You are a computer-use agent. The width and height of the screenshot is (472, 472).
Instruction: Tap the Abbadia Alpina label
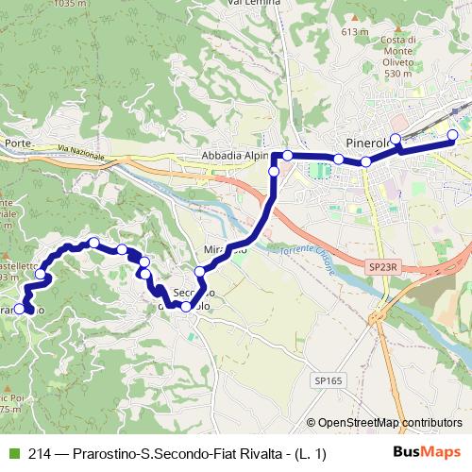pyautogui.click(x=234, y=157)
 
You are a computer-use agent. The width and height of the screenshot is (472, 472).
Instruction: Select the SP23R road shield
pyautogui.click(x=381, y=268)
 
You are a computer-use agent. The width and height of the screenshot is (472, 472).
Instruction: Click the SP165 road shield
pyautogui.click(x=325, y=379)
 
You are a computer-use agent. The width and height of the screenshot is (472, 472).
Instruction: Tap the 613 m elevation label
pyautogui.click(x=354, y=32)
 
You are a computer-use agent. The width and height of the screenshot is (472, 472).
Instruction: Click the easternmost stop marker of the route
pyautogui.click(x=452, y=135)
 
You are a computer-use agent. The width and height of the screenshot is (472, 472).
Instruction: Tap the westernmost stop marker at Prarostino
pyautogui.click(x=19, y=308)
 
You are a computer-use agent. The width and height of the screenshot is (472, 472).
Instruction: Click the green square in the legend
pyautogui.click(x=13, y=454)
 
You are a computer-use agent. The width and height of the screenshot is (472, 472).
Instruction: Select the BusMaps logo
pyautogui.click(x=427, y=453)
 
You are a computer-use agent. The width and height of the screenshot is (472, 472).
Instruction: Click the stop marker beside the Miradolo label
pyautogui.click(x=199, y=271)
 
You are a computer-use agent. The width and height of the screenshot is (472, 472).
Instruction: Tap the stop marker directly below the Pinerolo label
pyautogui.click(x=366, y=162)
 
